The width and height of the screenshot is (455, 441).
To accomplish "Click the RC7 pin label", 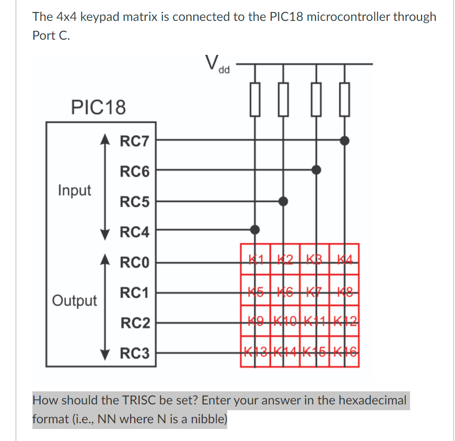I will point(134,141).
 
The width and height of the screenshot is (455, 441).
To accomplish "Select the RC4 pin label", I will point(134,231).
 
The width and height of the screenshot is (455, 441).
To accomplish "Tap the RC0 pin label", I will point(134,262).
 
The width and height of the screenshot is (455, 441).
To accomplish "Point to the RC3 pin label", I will point(134,354).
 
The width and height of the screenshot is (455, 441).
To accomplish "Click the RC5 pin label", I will point(134,202).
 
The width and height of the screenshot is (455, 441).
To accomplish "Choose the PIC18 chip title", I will point(98,108).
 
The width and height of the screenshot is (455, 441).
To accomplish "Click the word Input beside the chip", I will point(74,190).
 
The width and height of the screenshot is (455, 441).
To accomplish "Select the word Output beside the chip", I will point(74,300).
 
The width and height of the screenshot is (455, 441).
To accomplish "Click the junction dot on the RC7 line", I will point(344,140).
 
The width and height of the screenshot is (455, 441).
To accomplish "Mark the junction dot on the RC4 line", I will point(255,229).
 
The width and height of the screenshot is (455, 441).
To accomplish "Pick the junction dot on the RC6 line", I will point(316,169).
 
